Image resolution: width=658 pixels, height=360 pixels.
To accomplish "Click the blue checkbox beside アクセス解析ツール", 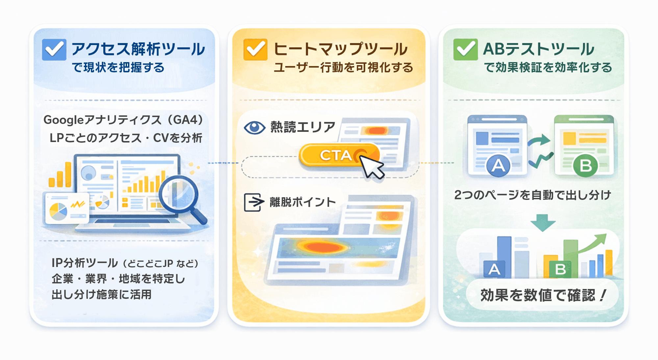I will (54, 50).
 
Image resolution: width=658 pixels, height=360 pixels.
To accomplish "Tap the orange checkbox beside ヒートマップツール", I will (255, 50).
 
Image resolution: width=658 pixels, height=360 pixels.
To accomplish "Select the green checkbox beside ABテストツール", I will (465, 50).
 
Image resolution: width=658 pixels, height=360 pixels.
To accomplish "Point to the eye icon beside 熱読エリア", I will (254, 128).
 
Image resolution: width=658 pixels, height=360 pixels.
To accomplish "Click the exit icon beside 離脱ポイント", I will (254, 202).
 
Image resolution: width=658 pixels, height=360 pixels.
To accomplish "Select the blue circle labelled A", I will (498, 165).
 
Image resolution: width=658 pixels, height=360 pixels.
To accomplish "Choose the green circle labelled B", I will (586, 166).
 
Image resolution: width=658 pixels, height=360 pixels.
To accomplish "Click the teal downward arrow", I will (543, 222).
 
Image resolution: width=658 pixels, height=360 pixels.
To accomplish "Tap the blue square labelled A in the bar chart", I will (494, 269).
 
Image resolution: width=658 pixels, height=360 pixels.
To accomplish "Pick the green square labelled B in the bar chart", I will (560, 269).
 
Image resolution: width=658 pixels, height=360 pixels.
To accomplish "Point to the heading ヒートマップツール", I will (341, 49).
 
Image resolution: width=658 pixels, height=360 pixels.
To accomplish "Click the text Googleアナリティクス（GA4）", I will (123, 120).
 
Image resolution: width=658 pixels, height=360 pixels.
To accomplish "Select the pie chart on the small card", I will (58, 211).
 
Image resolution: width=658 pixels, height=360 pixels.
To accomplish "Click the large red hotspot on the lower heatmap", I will (324, 247).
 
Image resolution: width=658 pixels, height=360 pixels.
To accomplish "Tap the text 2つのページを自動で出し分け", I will (533, 195).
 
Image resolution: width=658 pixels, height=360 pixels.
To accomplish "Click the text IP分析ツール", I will (85, 263).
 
